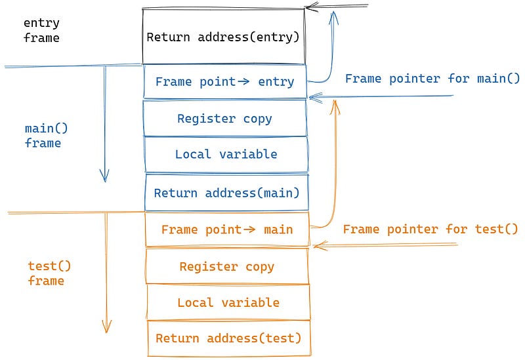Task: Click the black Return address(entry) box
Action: (x=224, y=36)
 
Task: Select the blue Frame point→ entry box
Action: (x=224, y=82)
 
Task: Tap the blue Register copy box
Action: (x=224, y=119)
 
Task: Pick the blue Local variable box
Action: (x=226, y=155)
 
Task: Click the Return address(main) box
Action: (x=226, y=193)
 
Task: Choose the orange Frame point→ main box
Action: (x=226, y=230)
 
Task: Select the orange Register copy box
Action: (x=226, y=267)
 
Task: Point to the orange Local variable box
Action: (x=228, y=302)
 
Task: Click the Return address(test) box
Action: (x=228, y=338)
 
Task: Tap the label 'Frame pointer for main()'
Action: (x=432, y=79)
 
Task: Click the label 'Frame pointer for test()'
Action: (x=430, y=229)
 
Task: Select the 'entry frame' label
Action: (x=41, y=31)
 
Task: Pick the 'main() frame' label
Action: (x=43, y=136)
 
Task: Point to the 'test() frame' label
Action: (x=46, y=273)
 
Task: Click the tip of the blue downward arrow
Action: (x=104, y=180)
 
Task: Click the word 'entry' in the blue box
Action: (x=276, y=82)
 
